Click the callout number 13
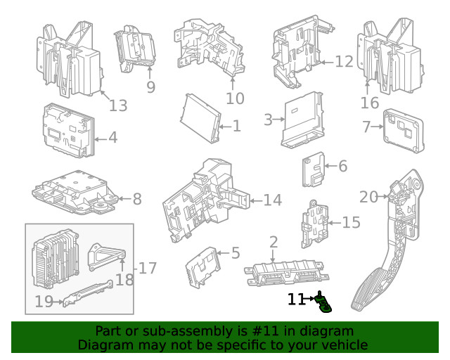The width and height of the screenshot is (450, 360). pos(118,105)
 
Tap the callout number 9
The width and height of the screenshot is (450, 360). pos(150,87)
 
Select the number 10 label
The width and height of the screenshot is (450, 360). pos(235,98)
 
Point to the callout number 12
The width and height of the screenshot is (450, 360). pos(344,62)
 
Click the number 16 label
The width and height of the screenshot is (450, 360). pos(370,103)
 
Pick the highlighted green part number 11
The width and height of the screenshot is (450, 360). pos(324,303)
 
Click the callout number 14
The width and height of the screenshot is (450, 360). pos(272,200)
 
